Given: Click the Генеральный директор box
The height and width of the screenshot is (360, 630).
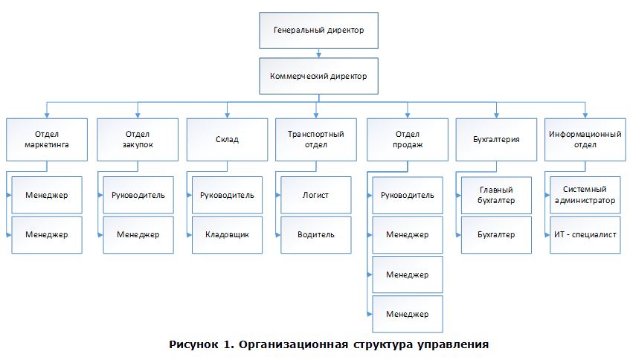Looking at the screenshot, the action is [x=318, y=30].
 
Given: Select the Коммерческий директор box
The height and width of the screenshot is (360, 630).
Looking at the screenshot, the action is [x=318, y=76].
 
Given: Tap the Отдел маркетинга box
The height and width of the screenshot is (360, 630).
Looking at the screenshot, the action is [x=47, y=139].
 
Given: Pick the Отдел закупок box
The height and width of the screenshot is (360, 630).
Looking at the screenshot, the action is [x=138, y=139].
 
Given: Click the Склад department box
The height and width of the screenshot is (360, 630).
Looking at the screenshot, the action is [x=227, y=139].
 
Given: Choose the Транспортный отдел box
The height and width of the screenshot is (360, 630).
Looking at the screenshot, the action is [x=316, y=139].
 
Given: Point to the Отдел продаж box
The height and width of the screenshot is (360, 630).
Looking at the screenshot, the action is [x=408, y=139].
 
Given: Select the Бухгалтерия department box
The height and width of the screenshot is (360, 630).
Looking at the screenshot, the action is [x=496, y=139].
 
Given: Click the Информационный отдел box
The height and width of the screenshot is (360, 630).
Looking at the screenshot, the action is [x=585, y=139].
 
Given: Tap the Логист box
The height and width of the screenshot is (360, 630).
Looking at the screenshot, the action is [x=316, y=195].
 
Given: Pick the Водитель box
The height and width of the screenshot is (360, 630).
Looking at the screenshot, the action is [x=316, y=234].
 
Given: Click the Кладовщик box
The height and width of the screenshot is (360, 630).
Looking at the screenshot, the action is [x=227, y=234].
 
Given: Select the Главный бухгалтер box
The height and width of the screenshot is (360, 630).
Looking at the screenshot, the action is [x=496, y=195].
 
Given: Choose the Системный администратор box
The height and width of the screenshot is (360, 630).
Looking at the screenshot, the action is [x=585, y=195].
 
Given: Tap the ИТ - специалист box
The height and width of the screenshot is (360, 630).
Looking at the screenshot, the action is [x=585, y=234].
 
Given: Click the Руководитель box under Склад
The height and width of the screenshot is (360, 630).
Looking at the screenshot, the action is [x=227, y=195].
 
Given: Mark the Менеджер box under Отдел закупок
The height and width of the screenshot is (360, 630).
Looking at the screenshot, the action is [x=138, y=234].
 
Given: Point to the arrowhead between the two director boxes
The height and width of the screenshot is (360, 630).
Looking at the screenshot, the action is [x=318, y=54].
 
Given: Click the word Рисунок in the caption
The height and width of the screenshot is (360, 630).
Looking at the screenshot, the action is [x=193, y=344].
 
